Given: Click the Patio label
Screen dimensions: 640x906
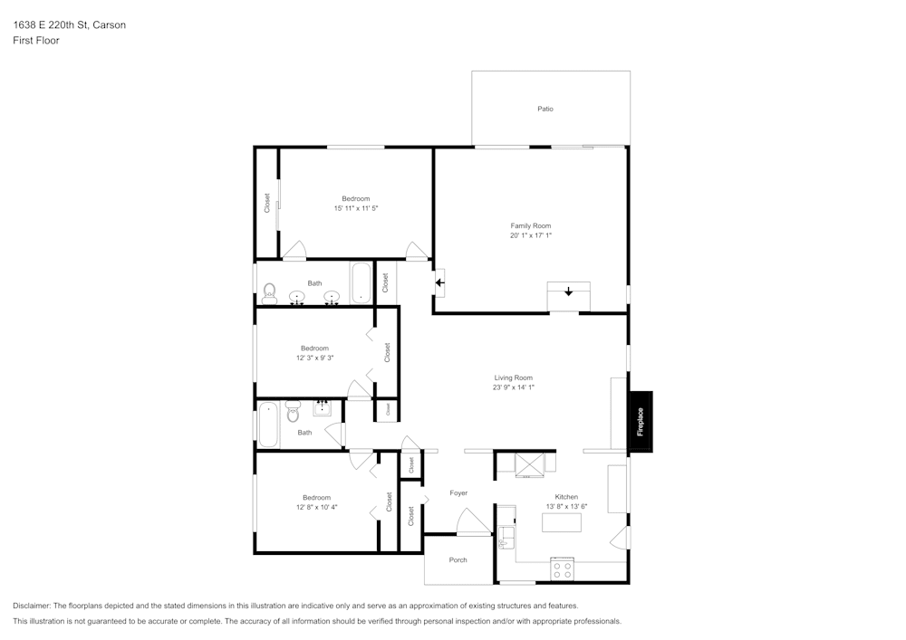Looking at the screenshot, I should (x=545, y=109).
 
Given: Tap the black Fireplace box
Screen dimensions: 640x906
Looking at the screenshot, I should (x=641, y=421).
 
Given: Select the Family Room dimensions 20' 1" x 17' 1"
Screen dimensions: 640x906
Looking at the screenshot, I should (x=530, y=235).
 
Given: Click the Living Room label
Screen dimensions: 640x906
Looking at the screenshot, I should (x=513, y=377).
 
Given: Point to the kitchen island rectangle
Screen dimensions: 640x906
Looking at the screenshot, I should (x=562, y=522).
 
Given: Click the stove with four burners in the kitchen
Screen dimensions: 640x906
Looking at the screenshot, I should (x=563, y=569).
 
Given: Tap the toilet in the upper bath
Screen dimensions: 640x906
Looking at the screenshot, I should (x=269, y=292).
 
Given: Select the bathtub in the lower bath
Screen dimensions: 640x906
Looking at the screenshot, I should (x=269, y=425).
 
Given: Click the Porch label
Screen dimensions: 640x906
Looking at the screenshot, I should (x=458, y=559).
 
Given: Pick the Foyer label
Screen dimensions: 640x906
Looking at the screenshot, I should (x=458, y=492).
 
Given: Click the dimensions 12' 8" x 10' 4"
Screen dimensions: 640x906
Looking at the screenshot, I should (x=316, y=507).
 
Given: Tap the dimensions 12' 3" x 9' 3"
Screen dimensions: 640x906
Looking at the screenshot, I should (x=314, y=358).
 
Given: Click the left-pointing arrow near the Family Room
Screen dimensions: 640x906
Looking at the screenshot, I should (x=439, y=282).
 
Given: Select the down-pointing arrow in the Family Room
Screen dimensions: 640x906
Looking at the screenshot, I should (x=568, y=291).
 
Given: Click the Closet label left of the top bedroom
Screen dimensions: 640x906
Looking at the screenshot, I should (x=267, y=203).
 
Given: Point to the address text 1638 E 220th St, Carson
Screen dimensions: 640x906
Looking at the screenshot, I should (x=70, y=25).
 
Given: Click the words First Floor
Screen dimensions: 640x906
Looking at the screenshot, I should (x=36, y=41).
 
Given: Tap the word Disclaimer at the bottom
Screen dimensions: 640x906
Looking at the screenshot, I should (x=32, y=606).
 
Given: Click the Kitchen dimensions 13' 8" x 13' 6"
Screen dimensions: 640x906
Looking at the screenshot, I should (x=566, y=506).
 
